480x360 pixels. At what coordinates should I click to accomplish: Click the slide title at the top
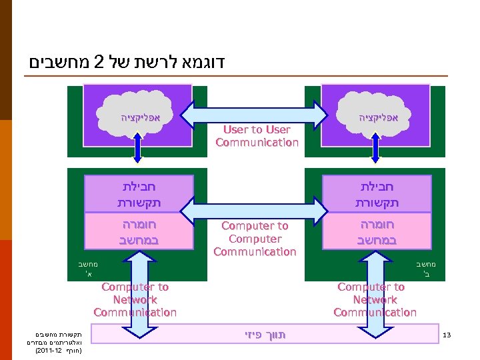127,63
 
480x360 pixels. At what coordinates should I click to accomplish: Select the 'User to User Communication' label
257,136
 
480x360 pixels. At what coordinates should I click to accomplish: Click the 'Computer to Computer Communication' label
255,239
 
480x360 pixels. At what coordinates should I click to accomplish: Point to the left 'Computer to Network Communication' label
135,299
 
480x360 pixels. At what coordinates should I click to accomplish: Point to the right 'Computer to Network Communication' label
375,299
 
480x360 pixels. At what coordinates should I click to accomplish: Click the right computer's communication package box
377,193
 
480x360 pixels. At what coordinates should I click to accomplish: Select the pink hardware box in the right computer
377,231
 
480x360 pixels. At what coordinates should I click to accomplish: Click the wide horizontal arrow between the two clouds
256,113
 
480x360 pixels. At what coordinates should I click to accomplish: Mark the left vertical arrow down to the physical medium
136,293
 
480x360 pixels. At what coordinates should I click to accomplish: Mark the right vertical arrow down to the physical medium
376,293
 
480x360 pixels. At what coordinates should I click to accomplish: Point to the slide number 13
447,335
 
